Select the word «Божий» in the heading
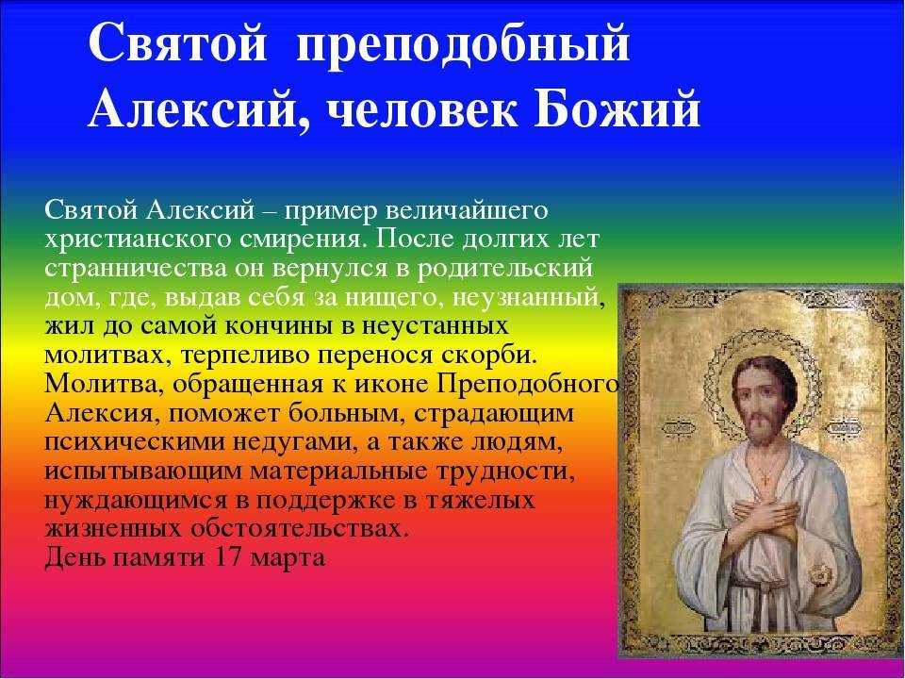click(617, 109)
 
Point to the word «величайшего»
click(466, 211)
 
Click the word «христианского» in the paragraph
click(138, 239)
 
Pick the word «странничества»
click(136, 268)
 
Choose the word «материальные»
click(336, 472)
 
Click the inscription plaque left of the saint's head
click(678, 428)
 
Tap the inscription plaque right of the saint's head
click(845, 428)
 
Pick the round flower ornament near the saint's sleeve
click(819, 575)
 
